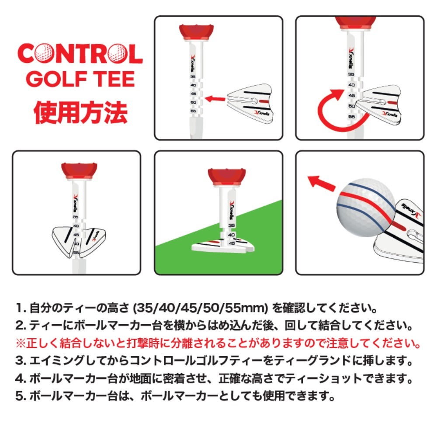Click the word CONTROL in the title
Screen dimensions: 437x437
click(x=80, y=53)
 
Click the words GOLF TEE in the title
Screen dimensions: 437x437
click(x=80, y=79)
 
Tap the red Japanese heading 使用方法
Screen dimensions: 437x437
click(x=80, y=112)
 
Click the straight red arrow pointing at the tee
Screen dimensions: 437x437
click(x=215, y=99)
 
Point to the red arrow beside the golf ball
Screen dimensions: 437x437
click(x=322, y=183)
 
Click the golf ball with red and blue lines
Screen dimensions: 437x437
click(x=366, y=208)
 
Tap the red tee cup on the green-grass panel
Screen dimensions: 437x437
click(x=226, y=177)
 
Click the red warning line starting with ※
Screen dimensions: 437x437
click(x=218, y=343)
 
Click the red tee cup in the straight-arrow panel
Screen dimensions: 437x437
click(x=196, y=32)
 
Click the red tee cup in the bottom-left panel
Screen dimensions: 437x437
click(x=79, y=171)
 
